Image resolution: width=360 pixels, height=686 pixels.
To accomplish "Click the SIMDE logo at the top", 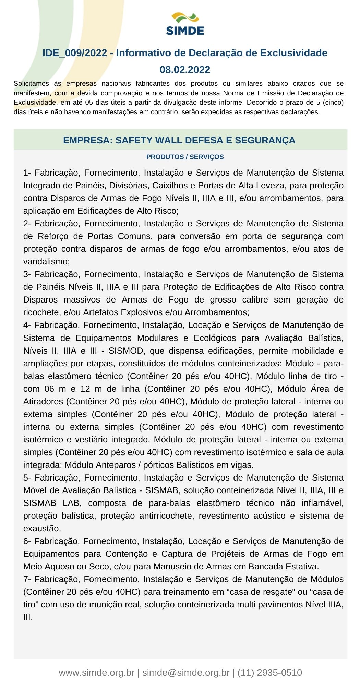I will click(x=185, y=24).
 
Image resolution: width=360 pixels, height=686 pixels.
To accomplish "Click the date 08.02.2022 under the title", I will click(x=185, y=70).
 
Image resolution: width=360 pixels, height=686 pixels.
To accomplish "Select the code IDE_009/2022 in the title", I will click(x=75, y=53).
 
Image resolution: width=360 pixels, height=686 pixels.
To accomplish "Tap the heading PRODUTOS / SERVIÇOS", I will click(x=185, y=157).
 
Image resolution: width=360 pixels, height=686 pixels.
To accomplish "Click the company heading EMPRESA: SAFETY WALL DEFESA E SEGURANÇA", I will click(x=179, y=140).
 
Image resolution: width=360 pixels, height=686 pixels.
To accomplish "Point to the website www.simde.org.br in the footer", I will click(x=96, y=673).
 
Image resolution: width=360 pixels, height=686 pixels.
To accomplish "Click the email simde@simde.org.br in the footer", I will click(x=186, y=673).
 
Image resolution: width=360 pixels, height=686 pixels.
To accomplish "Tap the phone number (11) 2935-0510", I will click(x=269, y=673).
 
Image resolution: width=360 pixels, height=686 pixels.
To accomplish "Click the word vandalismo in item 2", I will click(x=46, y=262).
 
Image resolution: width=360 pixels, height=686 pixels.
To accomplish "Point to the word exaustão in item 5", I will click(x=41, y=529).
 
